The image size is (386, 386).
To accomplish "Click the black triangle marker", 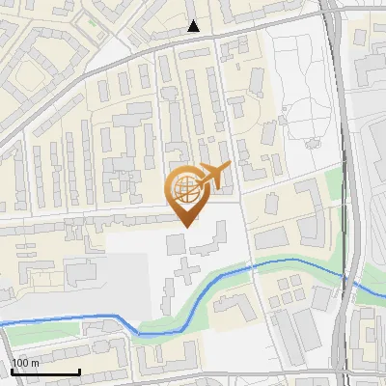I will point(194,26).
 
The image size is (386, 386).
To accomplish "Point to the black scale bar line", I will point(44,372).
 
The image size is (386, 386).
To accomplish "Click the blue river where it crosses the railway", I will point(345,277).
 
